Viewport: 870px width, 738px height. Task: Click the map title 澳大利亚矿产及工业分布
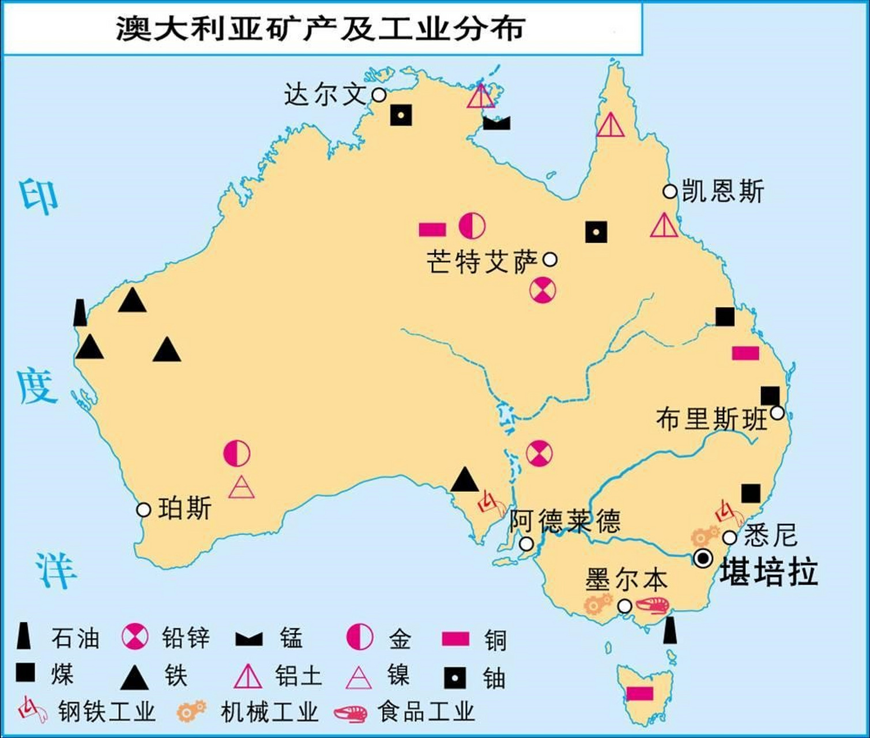(x=320, y=27)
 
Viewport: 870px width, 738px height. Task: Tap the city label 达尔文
(x=325, y=94)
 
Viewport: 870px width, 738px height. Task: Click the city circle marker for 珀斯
(x=143, y=510)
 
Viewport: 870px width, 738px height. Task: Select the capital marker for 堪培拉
(x=703, y=558)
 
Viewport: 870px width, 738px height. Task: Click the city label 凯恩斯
(x=723, y=191)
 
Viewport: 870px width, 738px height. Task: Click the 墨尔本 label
(x=626, y=579)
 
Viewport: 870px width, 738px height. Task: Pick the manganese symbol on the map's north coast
(x=496, y=122)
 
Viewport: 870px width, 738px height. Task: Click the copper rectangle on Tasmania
(x=639, y=692)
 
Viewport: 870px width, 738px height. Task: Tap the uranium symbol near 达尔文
(x=401, y=115)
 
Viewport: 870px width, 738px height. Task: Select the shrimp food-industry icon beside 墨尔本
(x=653, y=605)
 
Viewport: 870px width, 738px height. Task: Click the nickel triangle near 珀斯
(x=241, y=488)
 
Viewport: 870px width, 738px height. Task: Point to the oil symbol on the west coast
(x=80, y=312)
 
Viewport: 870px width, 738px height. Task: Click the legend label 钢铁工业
(x=107, y=711)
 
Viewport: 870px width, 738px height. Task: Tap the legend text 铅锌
(x=186, y=638)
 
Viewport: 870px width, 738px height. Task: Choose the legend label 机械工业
(x=269, y=711)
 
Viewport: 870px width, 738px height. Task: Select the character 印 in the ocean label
(x=39, y=196)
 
